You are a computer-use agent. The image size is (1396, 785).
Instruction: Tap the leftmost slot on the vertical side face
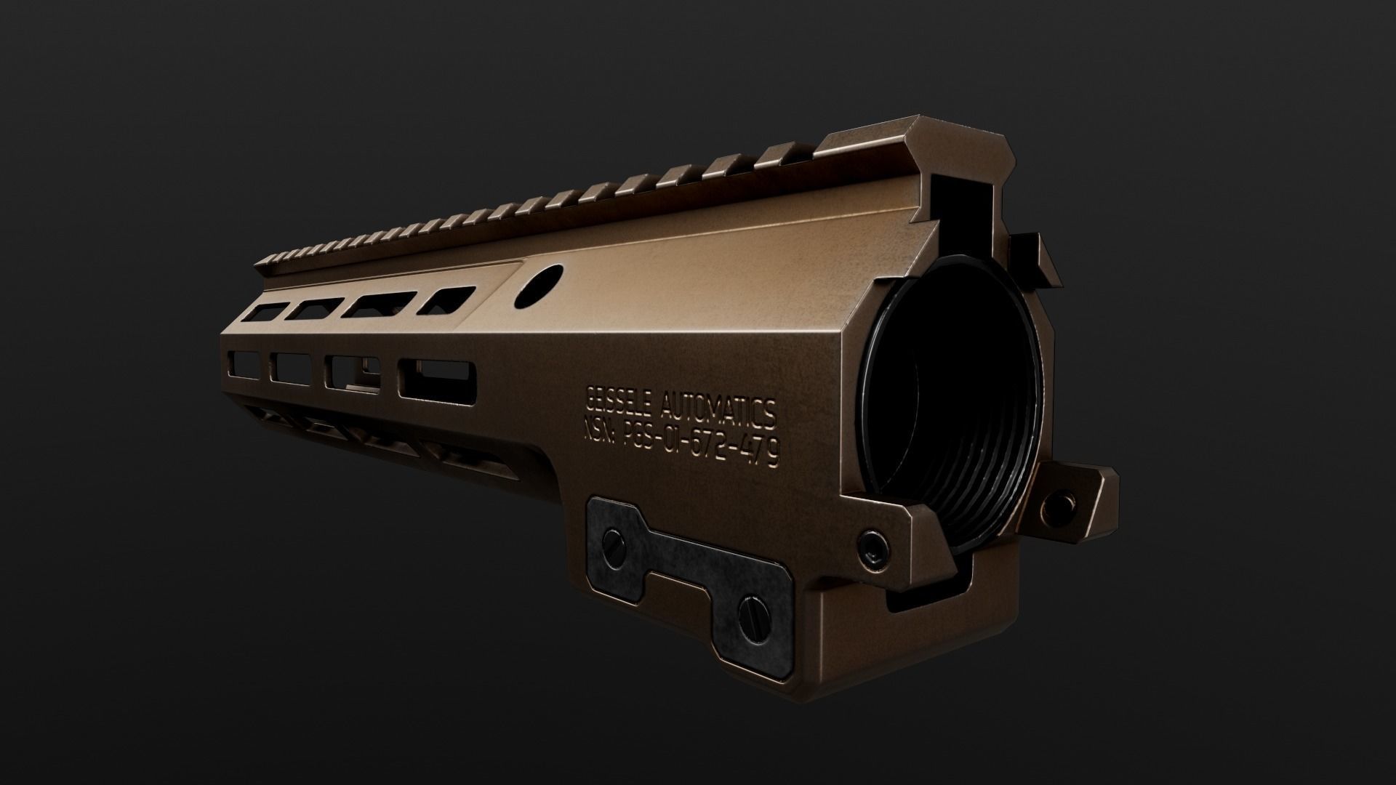[x=246, y=363]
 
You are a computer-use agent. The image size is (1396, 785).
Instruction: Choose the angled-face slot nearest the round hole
[x=445, y=302]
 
